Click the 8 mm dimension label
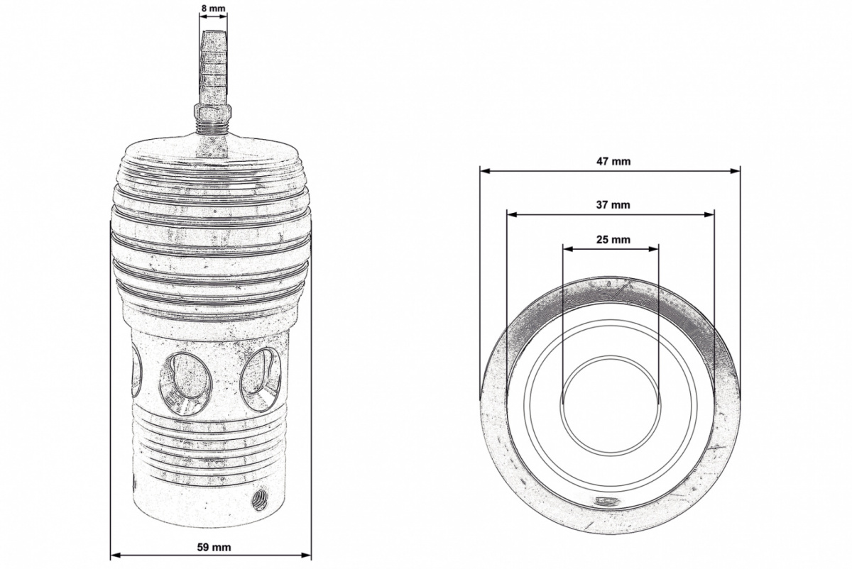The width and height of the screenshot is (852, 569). (x=213, y=8)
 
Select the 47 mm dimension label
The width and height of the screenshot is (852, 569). (x=613, y=161)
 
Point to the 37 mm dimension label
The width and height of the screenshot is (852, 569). (x=613, y=205)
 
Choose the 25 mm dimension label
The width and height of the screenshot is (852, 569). (x=613, y=240)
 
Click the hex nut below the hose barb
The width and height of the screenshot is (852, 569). (x=212, y=112)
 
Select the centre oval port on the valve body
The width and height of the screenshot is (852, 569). (x=185, y=384)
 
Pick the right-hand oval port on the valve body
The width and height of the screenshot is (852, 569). (x=261, y=380)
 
